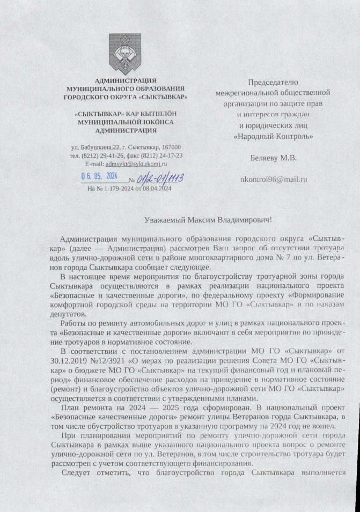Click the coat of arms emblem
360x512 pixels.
(125, 54)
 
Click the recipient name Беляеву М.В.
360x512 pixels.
(273, 158)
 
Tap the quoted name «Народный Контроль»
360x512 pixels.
(274, 136)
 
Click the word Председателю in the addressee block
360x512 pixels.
(274, 83)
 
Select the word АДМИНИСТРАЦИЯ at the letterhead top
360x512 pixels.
(126, 80)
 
